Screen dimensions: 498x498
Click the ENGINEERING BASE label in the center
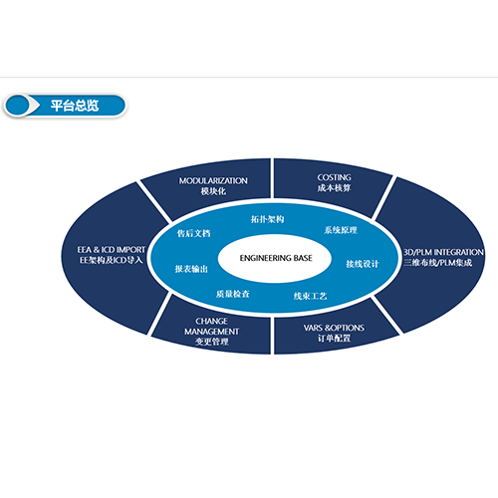[x=276, y=258]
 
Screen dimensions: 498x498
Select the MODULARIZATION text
[x=213, y=181]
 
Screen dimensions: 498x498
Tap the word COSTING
[x=334, y=177]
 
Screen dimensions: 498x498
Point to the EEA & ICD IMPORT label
[x=112, y=250]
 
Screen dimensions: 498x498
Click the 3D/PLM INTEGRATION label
[x=443, y=252]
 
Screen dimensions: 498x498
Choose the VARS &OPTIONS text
[x=334, y=328]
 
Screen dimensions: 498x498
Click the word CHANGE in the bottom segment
[x=211, y=321]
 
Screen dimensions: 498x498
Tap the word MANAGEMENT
[x=211, y=332]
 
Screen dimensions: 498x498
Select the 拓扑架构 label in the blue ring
[x=267, y=219]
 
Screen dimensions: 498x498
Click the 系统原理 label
[x=341, y=230]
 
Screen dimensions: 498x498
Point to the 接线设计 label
[x=363, y=264]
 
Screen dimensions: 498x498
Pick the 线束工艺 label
[x=310, y=296]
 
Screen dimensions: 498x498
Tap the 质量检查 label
[x=233, y=294]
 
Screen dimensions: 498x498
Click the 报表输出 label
[x=191, y=269]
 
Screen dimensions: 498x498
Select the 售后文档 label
[x=194, y=233]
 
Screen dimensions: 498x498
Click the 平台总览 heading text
[x=75, y=106]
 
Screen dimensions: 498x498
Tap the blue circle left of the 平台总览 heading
[x=17, y=106]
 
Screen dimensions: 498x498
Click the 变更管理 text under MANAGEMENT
[x=211, y=342]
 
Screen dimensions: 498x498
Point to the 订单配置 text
[x=334, y=339]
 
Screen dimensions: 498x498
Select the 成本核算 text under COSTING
[x=334, y=188]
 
